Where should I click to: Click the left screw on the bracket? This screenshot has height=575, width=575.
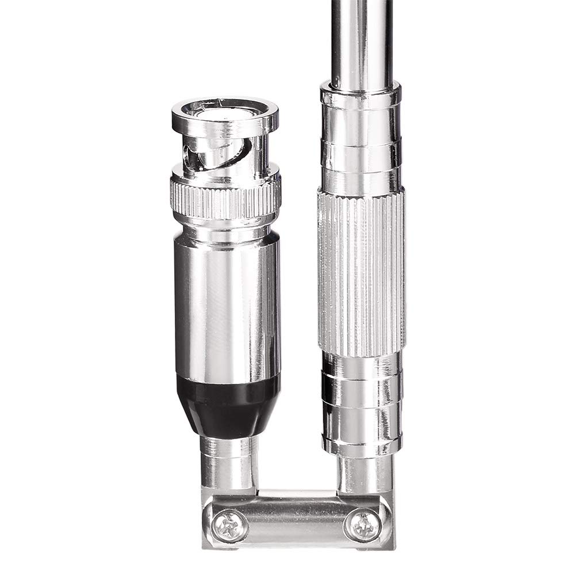point(231,526)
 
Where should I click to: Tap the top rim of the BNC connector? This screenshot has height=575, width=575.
point(225,109)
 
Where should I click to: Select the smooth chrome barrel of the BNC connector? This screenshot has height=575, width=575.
point(227,305)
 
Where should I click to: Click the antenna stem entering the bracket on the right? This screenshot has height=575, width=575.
point(363,475)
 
